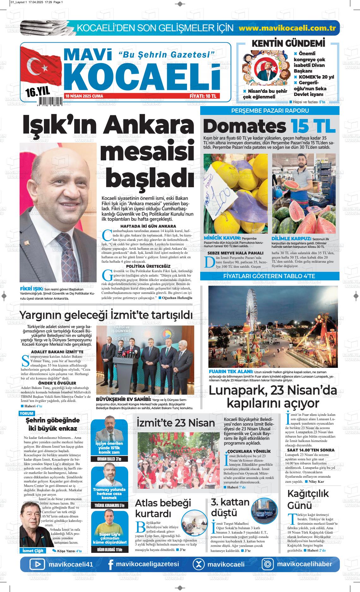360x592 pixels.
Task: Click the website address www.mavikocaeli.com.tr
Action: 287,28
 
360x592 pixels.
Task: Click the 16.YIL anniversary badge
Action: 38,92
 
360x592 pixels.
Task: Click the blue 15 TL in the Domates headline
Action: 313,126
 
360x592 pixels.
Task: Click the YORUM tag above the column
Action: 27,414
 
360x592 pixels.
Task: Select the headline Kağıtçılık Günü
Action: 308,499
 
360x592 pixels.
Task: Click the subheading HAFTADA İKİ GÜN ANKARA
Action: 148,226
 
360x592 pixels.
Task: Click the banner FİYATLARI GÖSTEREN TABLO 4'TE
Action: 269,276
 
